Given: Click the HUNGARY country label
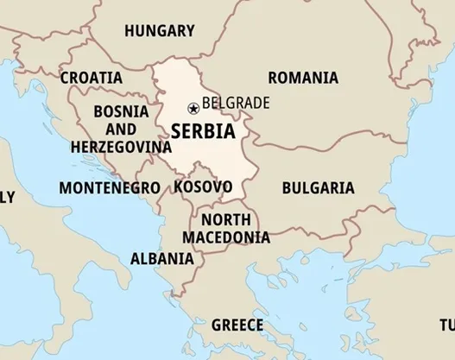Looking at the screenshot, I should [159, 31].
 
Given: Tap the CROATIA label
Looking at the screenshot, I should [91, 77].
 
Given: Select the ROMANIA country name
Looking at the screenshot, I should [302, 78].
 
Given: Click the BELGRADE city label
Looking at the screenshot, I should [236, 104].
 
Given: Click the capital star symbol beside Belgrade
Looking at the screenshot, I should [193, 108].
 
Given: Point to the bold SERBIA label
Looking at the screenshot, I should [202, 131].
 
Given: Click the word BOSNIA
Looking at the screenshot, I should [120, 111].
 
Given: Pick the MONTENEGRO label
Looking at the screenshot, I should [109, 187].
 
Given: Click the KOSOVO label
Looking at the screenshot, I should [202, 186].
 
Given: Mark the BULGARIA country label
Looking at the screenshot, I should [318, 187].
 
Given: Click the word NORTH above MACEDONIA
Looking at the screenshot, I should [226, 219].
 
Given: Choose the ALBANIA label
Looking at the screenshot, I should [161, 258].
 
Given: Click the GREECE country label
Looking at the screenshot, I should [237, 325].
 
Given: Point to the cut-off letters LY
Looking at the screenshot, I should [7, 198].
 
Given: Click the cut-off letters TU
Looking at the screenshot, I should [446, 325].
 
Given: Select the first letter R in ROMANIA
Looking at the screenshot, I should [273, 78].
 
